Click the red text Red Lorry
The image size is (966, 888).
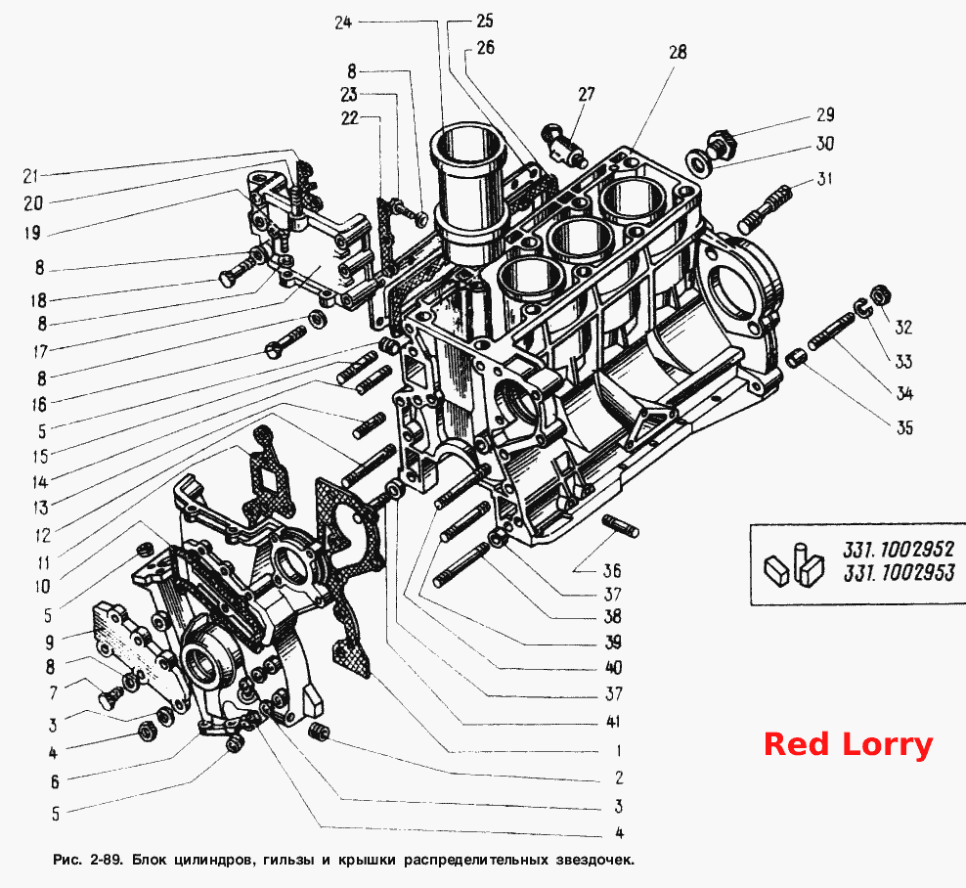click(849, 744)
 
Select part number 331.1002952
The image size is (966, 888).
click(899, 549)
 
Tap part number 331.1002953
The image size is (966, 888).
click(899, 572)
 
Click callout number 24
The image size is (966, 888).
click(343, 22)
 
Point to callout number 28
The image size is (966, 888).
click(678, 52)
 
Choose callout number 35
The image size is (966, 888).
click(904, 427)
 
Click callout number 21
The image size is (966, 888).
click(31, 176)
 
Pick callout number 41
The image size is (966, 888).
click(613, 722)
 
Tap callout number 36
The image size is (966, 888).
click(612, 570)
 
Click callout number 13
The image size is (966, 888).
click(41, 508)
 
